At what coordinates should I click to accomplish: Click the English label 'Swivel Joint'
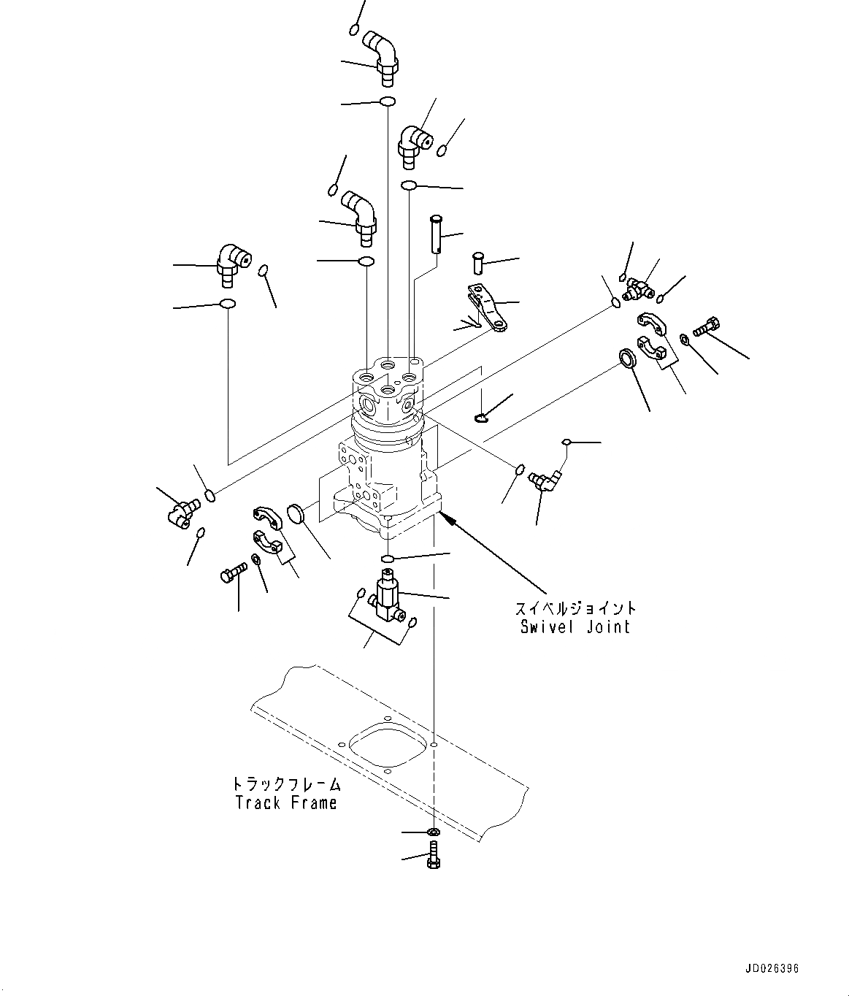point(575,627)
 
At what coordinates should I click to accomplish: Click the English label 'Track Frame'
point(286,802)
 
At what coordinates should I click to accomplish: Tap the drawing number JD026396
point(772,969)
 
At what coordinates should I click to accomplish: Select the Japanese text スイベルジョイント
point(575,608)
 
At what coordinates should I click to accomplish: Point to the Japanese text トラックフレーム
point(287,784)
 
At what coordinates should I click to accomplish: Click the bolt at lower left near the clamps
point(230,575)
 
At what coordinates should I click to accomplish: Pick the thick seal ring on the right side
point(627,359)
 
